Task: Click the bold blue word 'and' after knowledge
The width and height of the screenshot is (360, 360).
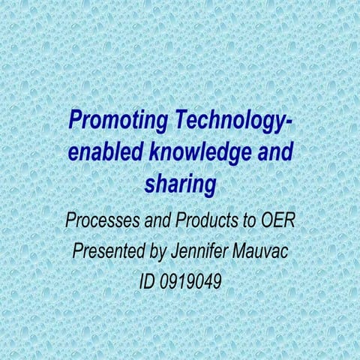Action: pyautogui.click(x=270, y=151)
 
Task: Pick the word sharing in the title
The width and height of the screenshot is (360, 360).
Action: pyautogui.click(x=179, y=182)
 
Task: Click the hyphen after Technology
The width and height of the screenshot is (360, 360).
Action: pyautogui.click(x=290, y=121)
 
